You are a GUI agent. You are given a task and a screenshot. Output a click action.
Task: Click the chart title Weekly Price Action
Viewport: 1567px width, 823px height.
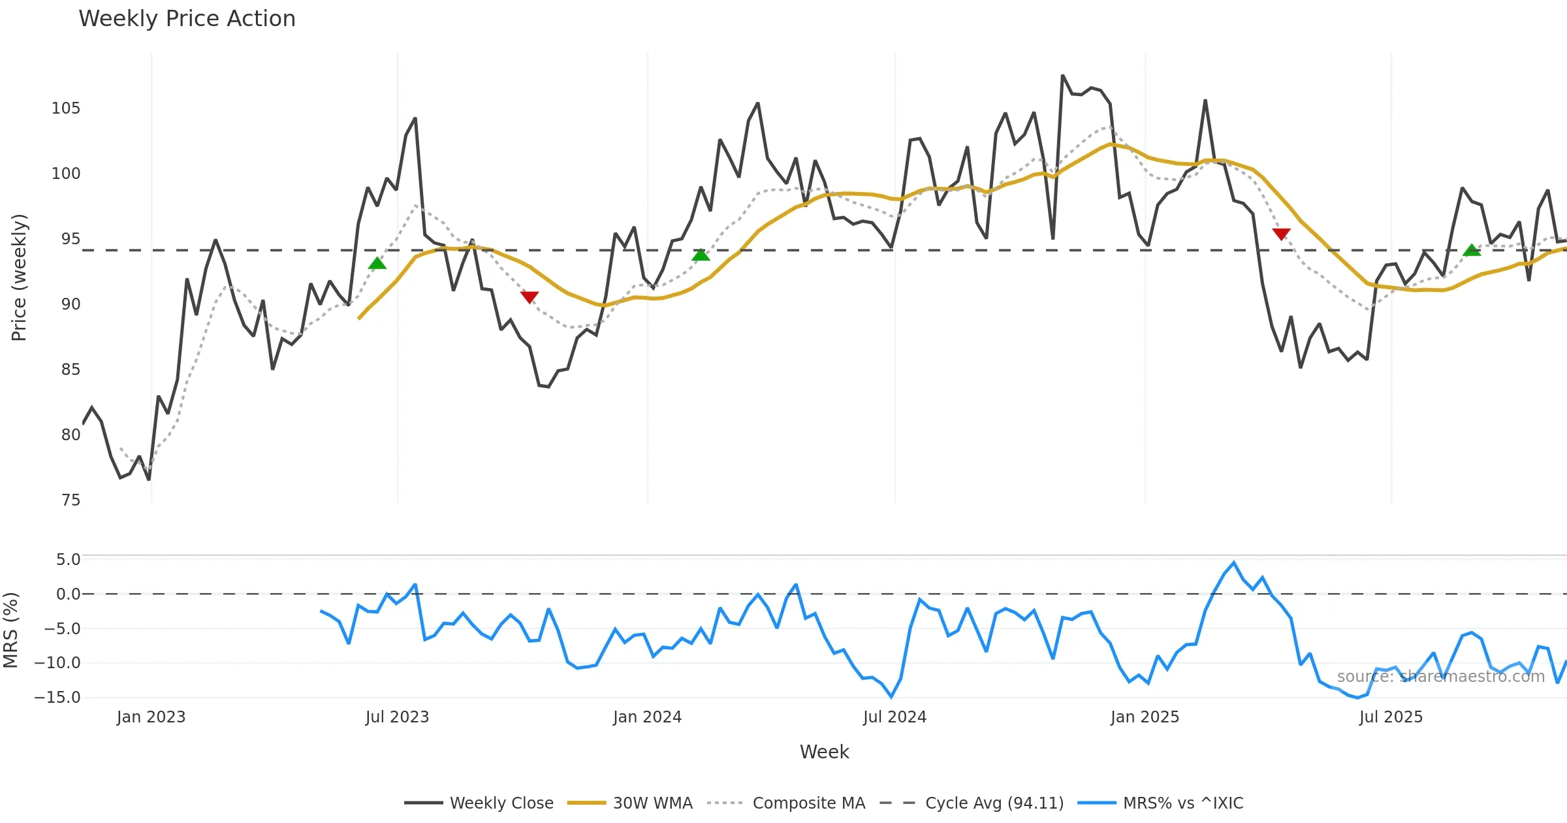[x=187, y=19]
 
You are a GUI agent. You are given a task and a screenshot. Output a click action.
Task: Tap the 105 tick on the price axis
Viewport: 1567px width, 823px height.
[x=65, y=108]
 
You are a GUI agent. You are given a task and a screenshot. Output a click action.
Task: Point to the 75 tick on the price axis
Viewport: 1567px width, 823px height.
[x=71, y=500]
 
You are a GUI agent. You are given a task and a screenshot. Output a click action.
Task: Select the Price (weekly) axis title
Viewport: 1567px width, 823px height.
[x=19, y=278]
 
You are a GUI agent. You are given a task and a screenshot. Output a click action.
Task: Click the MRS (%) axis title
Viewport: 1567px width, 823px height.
[x=10, y=630]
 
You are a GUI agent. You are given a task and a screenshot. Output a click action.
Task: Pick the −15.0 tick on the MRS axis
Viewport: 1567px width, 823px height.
[x=57, y=698]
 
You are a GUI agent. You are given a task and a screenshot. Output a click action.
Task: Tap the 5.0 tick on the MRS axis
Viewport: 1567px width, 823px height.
[x=68, y=560]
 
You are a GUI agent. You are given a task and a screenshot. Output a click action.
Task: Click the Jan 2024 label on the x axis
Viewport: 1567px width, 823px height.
[x=647, y=717]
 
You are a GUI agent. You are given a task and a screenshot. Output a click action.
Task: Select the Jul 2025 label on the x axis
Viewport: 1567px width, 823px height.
[x=1391, y=717]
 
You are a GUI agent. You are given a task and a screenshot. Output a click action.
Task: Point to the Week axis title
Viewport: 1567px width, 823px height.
[x=824, y=752]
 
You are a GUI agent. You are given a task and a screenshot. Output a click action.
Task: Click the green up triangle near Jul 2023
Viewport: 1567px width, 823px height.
[x=377, y=264]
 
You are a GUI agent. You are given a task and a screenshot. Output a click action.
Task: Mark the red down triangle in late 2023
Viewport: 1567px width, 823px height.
[x=530, y=297]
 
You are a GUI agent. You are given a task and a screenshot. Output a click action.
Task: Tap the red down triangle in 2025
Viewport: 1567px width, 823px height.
[x=1281, y=234]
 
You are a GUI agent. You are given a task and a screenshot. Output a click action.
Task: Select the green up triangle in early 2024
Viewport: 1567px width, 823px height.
[x=701, y=255]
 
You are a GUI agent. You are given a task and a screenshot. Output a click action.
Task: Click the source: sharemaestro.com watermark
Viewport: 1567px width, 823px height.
[x=1440, y=677]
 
